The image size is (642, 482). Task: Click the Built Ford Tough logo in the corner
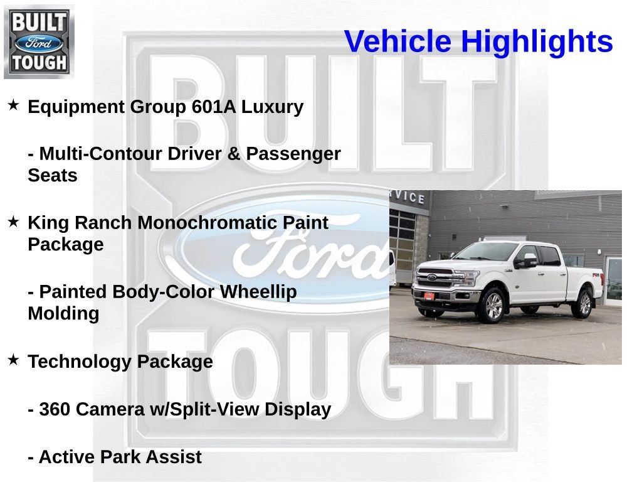39,41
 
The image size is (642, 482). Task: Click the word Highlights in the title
537,42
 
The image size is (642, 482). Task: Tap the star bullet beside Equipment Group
13,105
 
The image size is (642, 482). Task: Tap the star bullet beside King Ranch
13,222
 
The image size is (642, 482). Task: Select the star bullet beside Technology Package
13,360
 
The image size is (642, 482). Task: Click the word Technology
80,362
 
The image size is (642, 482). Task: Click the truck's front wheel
493,306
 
